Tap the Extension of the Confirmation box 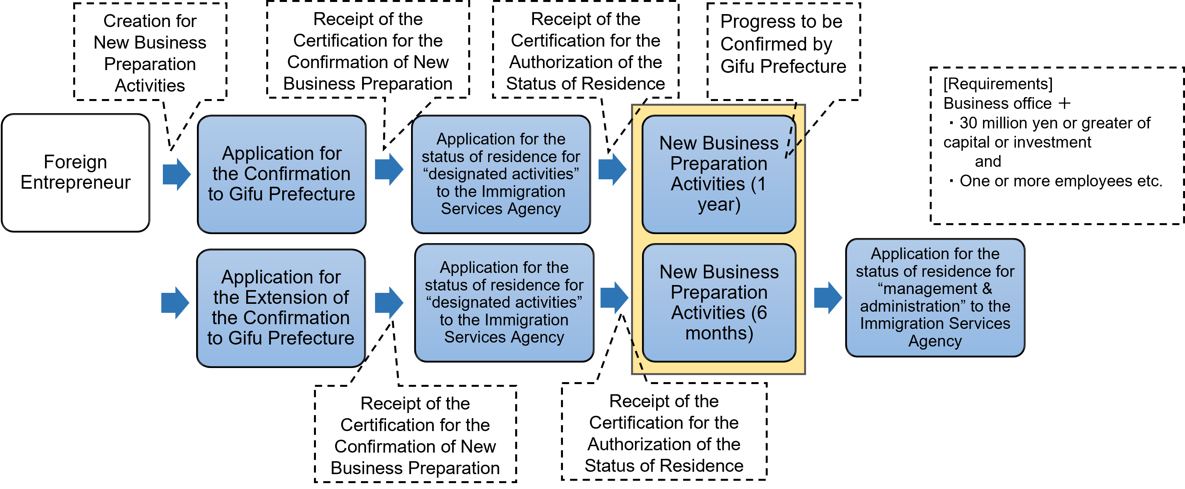(281, 307)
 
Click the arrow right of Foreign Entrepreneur (177, 174)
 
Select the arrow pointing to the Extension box (175, 303)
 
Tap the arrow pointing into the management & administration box (828, 298)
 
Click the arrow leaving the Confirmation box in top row (389, 169)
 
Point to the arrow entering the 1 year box (612, 169)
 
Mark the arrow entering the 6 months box (614, 298)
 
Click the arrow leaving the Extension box (389, 303)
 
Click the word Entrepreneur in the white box (76, 182)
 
